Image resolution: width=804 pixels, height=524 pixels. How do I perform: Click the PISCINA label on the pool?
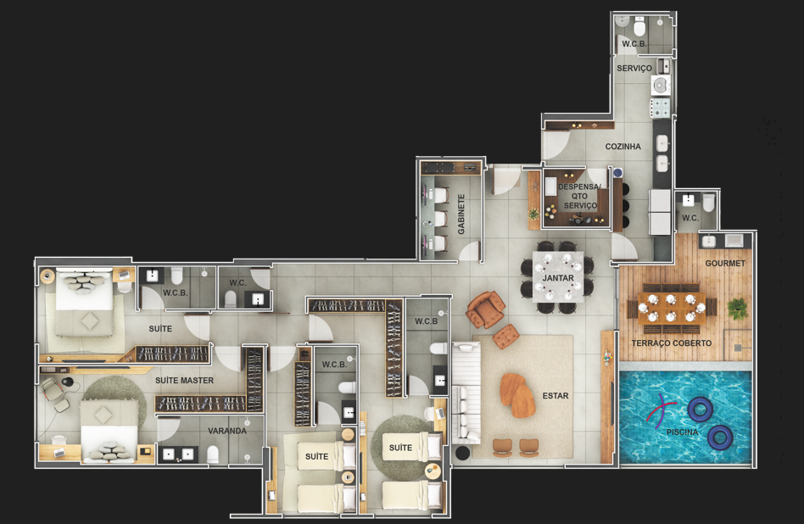tap(682, 432)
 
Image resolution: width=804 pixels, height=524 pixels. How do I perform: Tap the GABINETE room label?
tap(461, 214)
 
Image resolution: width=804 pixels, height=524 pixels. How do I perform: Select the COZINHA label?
tap(623, 147)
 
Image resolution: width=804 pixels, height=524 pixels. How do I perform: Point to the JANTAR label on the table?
tap(558, 278)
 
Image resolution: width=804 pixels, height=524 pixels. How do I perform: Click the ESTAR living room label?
tap(556, 396)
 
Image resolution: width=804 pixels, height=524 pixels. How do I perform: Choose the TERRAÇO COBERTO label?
tap(671, 343)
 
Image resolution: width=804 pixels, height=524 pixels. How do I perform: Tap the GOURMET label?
tap(725, 264)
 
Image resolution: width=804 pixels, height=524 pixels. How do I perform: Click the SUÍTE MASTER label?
tap(185, 381)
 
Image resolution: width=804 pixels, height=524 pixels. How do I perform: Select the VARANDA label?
tap(227, 431)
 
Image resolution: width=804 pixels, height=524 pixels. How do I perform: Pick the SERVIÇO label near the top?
tap(634, 68)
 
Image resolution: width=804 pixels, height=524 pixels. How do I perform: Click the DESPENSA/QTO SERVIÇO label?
tap(579, 197)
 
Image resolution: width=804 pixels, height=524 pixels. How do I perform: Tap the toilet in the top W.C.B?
tap(640, 25)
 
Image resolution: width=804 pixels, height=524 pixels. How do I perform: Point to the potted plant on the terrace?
tap(737, 308)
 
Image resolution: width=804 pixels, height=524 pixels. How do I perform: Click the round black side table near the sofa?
tap(462, 453)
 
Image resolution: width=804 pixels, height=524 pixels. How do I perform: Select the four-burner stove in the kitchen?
tap(661, 108)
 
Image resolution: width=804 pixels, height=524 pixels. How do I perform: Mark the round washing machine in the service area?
tap(661, 85)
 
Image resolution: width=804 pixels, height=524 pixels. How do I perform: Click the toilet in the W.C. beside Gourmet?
tap(708, 203)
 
